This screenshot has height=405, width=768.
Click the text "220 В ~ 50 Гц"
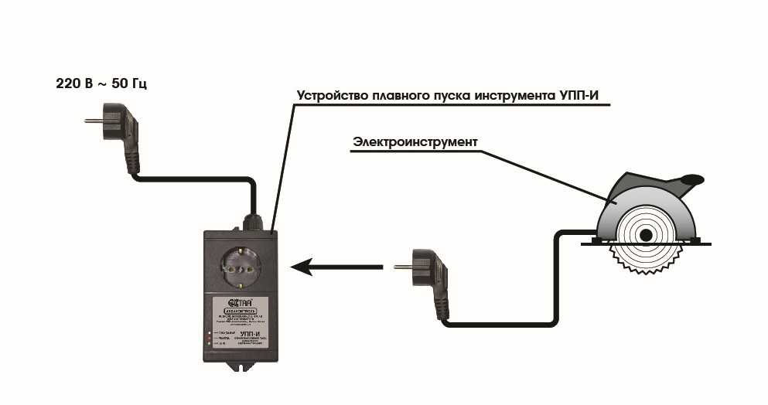(x=101, y=83)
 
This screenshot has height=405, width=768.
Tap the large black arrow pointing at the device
(x=336, y=267)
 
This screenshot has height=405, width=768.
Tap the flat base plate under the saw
(x=649, y=241)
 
